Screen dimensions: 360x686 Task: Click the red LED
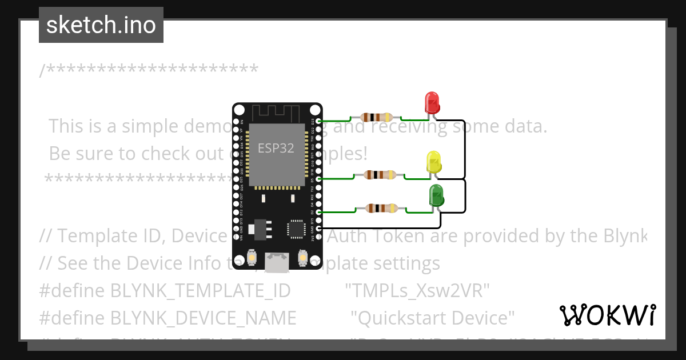[x=432, y=103]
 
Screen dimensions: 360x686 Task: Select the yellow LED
[x=434, y=162]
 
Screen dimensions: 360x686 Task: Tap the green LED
[x=437, y=195]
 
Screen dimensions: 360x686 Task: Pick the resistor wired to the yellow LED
[x=380, y=175]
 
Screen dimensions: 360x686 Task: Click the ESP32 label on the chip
[x=276, y=148]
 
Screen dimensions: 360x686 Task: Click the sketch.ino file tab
[x=101, y=25]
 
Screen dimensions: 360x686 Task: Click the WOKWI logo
[x=607, y=315]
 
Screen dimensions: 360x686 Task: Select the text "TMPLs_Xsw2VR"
[x=418, y=290]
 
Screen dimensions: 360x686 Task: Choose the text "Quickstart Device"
[x=433, y=317]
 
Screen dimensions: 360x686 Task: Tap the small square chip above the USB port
[x=296, y=229]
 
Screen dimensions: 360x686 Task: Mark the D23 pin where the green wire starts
[x=318, y=121]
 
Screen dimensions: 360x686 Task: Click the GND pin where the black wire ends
[x=318, y=229]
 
